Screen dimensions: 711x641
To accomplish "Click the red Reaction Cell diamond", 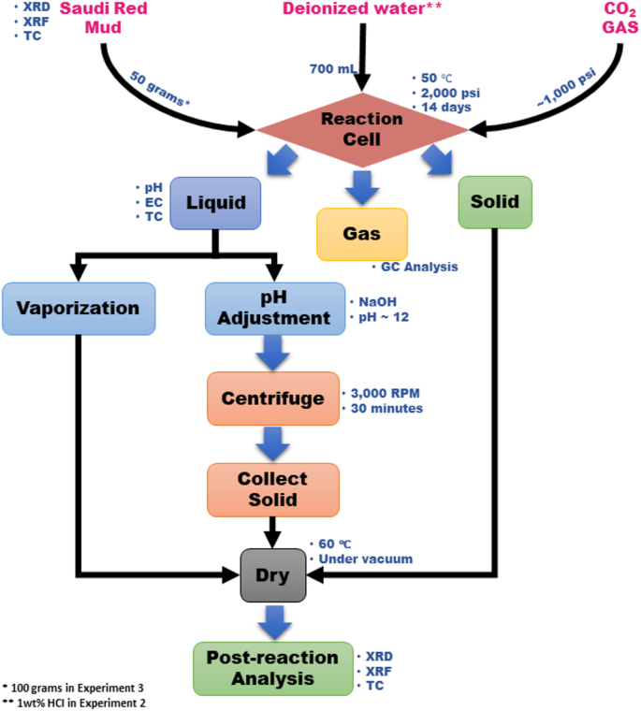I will (351, 129).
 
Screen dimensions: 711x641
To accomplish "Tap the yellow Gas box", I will (362, 233).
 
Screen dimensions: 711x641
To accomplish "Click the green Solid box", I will (495, 200).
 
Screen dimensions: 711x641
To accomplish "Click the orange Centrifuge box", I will (272, 398).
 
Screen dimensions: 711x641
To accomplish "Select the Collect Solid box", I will (272, 488).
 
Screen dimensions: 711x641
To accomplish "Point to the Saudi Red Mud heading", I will (103, 19).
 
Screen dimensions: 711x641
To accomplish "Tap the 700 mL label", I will (333, 69).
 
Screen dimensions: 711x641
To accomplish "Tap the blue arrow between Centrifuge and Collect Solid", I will (273, 439).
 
